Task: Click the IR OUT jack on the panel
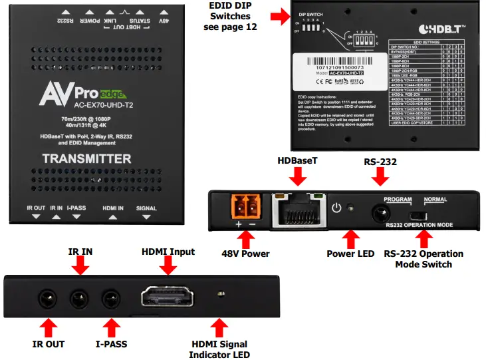coord(47,297)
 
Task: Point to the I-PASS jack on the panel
coord(109,297)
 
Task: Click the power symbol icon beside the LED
coord(336,208)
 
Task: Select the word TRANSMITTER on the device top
coord(86,159)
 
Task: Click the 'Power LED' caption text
coord(350,254)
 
